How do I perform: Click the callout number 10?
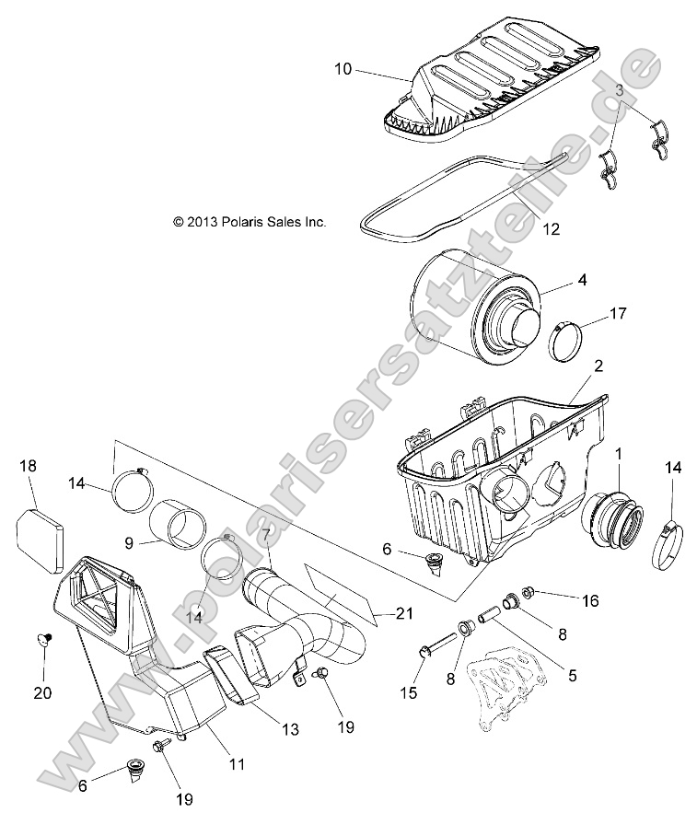(x=343, y=69)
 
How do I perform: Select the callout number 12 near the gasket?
(x=551, y=229)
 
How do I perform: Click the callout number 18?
(x=29, y=467)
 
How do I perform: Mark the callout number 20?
(x=43, y=692)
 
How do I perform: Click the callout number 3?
(x=620, y=91)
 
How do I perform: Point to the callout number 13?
(x=290, y=729)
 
